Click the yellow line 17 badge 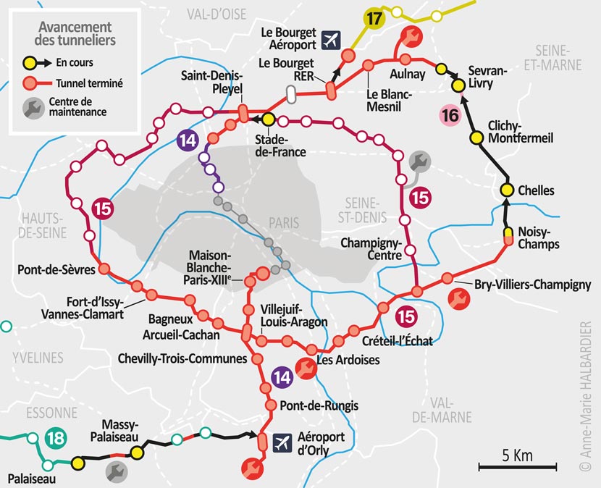point(373,19)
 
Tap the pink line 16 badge point(450,115)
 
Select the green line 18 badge point(54,439)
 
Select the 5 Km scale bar point(516,467)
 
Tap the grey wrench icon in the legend point(33,107)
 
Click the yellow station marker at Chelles point(507,190)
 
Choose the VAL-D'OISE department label point(216,14)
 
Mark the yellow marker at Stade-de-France point(268,119)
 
